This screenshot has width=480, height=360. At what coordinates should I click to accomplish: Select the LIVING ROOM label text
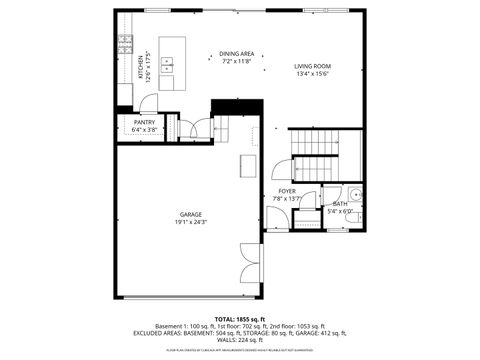coord(313,66)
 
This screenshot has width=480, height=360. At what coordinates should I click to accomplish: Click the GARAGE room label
coord(192,215)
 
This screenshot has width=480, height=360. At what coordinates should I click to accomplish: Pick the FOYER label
coord(286,190)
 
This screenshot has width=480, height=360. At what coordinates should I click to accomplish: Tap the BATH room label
coord(341,204)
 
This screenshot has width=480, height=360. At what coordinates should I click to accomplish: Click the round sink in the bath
coord(356,194)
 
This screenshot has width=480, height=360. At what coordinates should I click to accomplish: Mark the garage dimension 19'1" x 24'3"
coord(192,222)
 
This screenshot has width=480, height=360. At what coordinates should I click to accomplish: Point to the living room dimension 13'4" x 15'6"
coord(313,73)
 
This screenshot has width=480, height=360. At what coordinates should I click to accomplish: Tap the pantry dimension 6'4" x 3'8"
coord(144,129)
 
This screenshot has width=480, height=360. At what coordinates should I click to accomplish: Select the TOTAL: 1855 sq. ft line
coord(240,319)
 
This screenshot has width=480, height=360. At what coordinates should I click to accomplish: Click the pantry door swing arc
coord(148,107)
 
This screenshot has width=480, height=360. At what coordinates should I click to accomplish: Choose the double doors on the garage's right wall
coord(250,267)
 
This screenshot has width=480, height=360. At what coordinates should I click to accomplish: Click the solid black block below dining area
coord(235,108)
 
